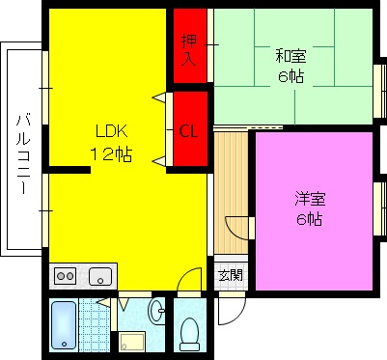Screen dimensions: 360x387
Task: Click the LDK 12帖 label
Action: point(112,142)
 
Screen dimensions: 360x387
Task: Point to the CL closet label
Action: point(190,131)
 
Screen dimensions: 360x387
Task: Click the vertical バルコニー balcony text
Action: point(22,154)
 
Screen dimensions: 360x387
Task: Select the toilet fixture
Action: point(190,332)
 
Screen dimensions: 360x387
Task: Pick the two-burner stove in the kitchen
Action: point(66,277)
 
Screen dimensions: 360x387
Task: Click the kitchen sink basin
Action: point(99,277)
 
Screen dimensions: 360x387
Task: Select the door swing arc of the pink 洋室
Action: point(238,228)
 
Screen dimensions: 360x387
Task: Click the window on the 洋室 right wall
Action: point(377,208)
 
